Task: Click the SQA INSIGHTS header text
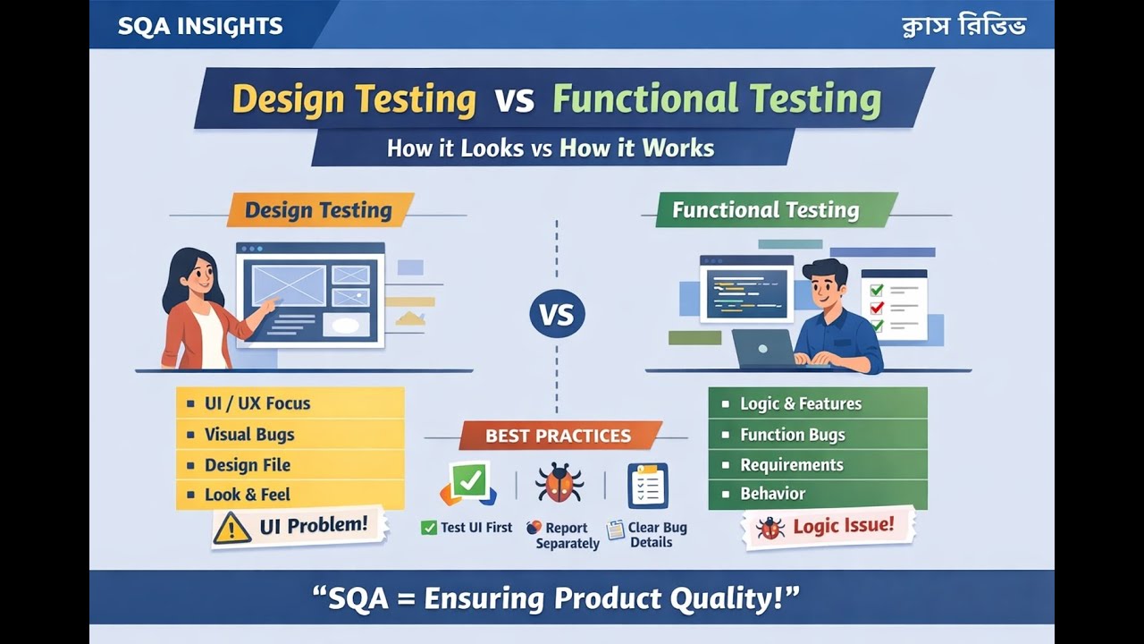200,26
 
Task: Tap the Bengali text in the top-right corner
963,26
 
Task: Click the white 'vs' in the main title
514,99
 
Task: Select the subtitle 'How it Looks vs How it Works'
551,148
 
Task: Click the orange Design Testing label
318,210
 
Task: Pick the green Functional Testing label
766,210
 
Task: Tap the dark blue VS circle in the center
557,314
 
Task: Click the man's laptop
763,348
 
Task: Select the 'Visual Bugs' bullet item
249,435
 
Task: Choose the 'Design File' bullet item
248,465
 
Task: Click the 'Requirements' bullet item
791,465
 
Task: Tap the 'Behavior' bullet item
772,494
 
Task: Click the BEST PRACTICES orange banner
559,436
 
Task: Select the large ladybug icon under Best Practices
559,483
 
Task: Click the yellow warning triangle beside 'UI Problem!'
232,528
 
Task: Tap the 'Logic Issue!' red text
843,525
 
